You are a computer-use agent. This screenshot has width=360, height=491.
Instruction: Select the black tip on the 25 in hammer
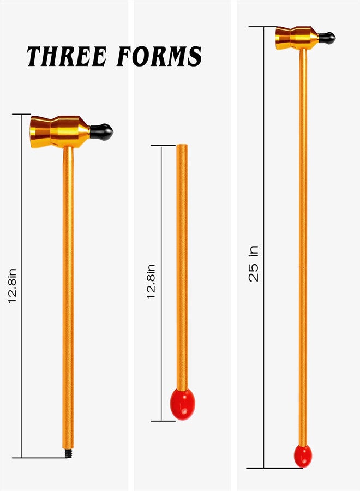pos(327,38)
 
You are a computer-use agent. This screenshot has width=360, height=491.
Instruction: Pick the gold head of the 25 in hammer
pos(296,38)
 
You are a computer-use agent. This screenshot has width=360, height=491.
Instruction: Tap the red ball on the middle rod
pos(183,404)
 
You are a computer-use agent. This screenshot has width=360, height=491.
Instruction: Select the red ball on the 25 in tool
pos(303,456)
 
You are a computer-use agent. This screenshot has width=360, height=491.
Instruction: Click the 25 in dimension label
pos(254,264)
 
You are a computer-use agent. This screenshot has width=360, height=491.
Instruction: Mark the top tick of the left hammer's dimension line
pos(21,115)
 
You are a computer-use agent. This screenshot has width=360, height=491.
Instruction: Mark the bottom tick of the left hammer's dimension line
pos(21,458)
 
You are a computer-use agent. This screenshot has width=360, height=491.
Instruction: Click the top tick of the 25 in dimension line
pos(263,26)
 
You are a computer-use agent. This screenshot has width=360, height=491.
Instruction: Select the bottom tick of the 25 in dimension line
pos(263,468)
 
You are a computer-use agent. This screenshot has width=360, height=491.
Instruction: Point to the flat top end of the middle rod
pos(182,146)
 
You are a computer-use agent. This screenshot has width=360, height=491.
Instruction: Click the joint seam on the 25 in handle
pos(303,267)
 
